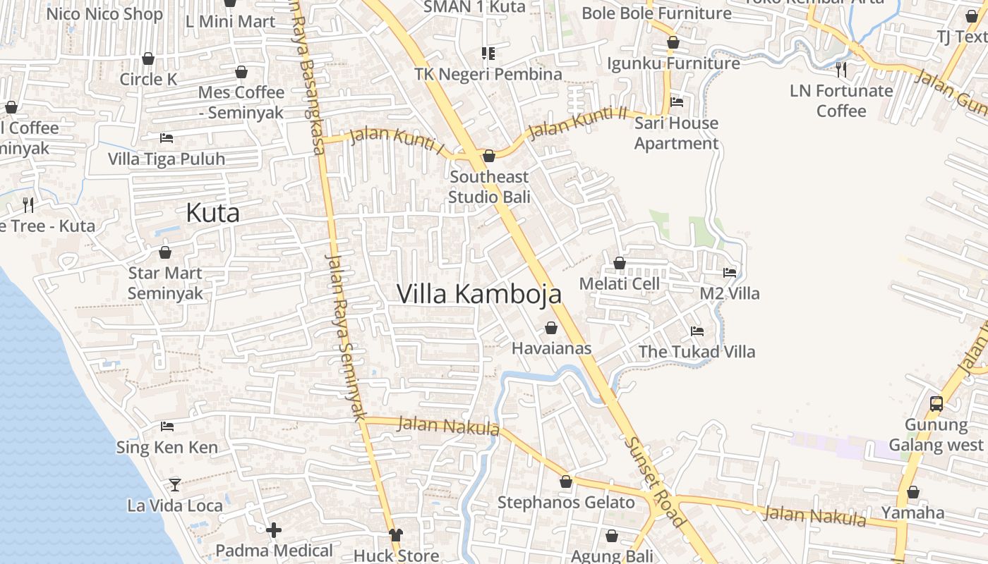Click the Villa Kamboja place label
(479, 294)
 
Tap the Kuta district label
(212, 213)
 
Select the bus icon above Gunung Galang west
(936, 404)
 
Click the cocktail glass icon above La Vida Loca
(174, 484)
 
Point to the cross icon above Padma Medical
(274, 529)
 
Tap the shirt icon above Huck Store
(395, 535)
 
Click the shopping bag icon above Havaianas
(551, 328)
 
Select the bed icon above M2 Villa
(730, 272)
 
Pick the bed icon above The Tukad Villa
(697, 331)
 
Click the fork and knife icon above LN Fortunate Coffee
(841, 69)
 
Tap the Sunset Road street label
(655, 482)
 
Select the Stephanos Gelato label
(566, 503)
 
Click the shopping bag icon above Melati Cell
(620, 263)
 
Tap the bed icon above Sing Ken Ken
(167, 426)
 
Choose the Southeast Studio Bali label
(489, 187)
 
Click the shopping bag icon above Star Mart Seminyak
(165, 252)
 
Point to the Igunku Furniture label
(673, 63)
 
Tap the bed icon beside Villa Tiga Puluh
(167, 137)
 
